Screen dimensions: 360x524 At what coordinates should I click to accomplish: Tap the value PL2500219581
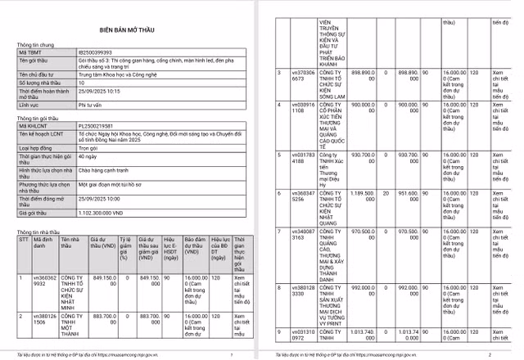tap(95, 126)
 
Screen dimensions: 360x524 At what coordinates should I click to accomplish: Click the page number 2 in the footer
tap(490, 354)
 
